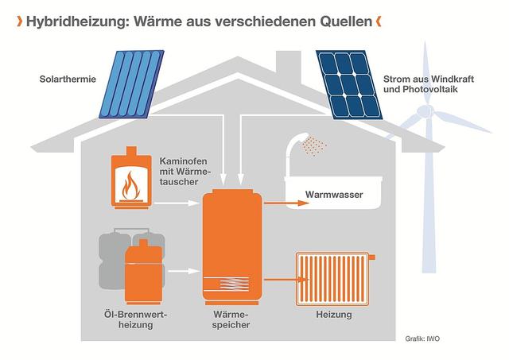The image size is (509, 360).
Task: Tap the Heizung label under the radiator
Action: [334, 315]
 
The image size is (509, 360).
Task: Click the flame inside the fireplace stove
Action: [130, 188]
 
